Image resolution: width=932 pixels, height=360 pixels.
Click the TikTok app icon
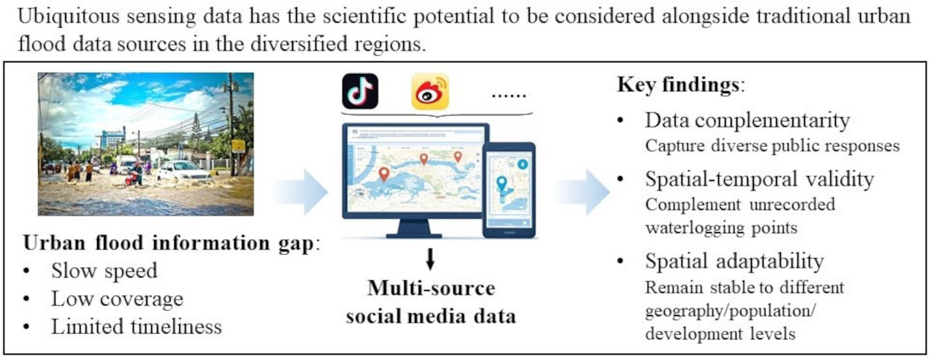pos(360,91)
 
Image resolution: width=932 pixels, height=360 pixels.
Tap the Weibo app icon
pos(430,91)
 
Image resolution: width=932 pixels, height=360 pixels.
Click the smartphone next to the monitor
pos(509,190)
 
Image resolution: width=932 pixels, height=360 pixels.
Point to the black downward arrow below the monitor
pos(430,258)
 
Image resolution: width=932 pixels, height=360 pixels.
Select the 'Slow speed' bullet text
pos(104,271)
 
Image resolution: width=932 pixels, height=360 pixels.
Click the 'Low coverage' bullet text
pos(117,298)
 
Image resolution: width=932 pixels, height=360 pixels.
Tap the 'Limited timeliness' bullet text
pos(136,326)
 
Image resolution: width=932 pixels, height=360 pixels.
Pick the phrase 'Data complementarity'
pos(747,120)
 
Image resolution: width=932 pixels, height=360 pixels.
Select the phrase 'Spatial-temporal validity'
pos(760,179)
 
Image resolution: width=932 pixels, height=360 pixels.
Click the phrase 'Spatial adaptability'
pos(734,261)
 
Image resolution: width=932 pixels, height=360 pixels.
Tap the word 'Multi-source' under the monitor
pos(431,288)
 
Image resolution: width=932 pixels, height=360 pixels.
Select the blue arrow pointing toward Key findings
pos(582,192)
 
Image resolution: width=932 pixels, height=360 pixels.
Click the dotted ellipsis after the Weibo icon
pos(508,94)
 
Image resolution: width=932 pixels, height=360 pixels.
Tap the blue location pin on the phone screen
pos(502,185)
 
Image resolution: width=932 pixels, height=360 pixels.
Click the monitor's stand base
pos(414,234)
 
